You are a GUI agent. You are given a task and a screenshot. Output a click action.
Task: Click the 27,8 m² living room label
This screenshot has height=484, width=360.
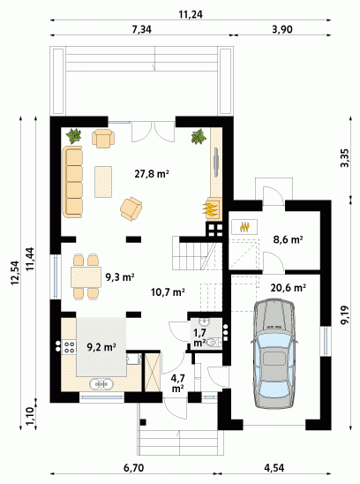tap(152, 174)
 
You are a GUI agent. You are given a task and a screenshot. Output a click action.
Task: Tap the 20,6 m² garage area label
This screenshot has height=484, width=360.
tap(289, 288)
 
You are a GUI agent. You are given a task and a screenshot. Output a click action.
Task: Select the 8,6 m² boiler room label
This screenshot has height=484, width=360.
tap(288, 239)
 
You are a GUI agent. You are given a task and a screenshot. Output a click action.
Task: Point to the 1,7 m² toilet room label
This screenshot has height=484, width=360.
tap(199, 337)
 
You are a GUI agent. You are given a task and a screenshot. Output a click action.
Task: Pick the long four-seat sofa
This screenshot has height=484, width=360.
tap(73, 182)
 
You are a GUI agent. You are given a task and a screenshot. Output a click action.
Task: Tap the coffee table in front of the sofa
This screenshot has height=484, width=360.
tap(103, 182)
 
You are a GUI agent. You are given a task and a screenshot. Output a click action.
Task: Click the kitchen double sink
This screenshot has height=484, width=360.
tap(101, 384)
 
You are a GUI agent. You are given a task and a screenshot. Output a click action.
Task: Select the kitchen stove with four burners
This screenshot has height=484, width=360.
tap(69, 347)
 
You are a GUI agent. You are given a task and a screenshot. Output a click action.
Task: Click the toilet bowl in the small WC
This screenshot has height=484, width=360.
tap(213, 343)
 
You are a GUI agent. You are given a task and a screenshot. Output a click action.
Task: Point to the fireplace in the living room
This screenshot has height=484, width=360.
tap(213, 208)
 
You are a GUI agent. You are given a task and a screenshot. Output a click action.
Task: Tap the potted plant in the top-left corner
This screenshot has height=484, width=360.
tap(74, 136)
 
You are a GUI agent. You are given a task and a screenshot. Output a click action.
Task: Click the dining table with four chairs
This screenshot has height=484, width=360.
tap(86, 276)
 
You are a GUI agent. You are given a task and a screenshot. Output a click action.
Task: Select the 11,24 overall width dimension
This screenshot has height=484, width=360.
tap(191, 14)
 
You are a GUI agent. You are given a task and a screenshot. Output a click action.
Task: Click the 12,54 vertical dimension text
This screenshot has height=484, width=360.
tap(15, 273)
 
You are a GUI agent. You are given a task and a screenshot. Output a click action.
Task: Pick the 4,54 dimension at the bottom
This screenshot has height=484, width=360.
tap(274, 468)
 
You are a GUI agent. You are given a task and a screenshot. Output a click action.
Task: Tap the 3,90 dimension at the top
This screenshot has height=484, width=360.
tap(282, 29)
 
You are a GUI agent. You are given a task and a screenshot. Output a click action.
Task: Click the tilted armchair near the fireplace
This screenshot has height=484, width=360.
tap(131, 209)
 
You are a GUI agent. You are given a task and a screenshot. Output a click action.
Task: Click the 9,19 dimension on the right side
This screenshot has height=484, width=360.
tap(345, 314)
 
